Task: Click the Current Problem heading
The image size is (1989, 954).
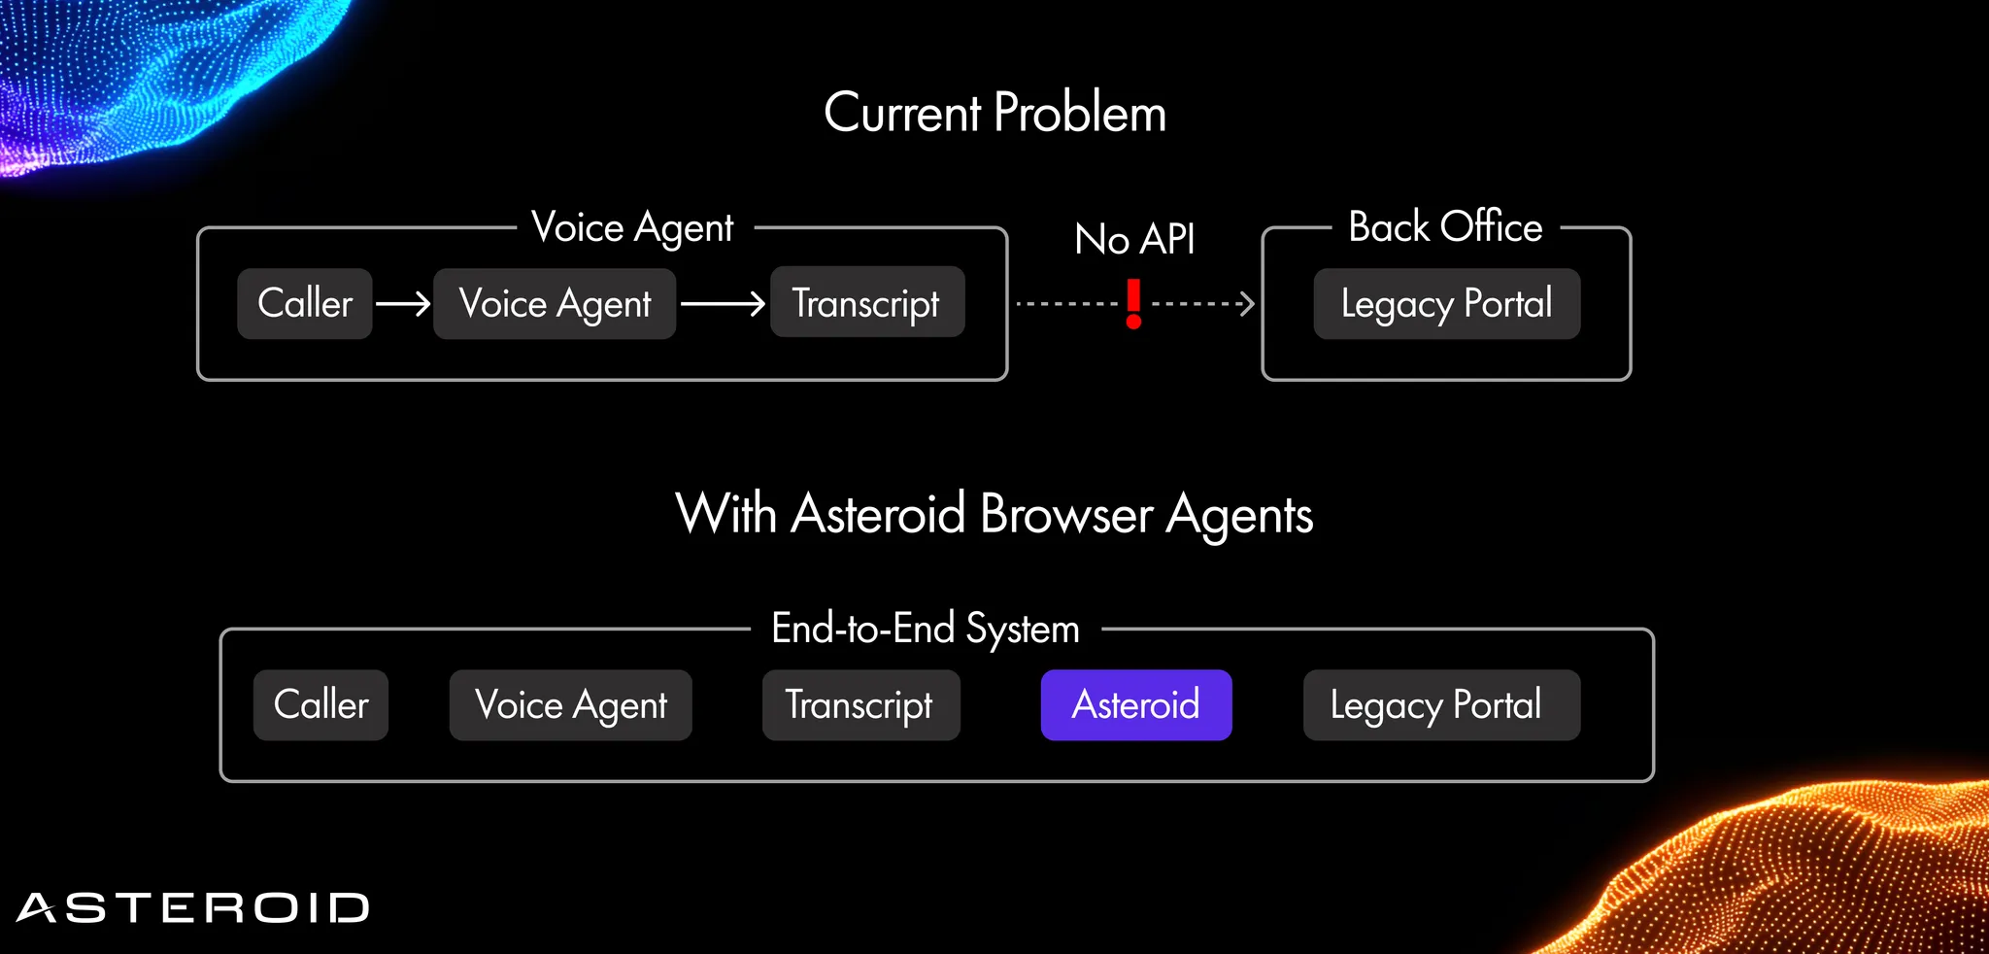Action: (x=994, y=113)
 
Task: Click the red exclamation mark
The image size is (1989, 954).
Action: (x=1133, y=303)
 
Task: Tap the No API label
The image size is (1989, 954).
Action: (x=1134, y=239)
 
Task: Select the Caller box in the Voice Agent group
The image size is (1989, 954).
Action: (x=305, y=303)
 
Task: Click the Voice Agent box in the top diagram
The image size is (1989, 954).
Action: (x=555, y=304)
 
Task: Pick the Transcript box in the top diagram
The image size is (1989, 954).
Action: (x=866, y=302)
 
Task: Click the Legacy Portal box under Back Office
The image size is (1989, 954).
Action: (x=1446, y=303)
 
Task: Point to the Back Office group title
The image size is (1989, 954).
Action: (x=1445, y=227)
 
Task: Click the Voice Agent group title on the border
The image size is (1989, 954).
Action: (x=633, y=227)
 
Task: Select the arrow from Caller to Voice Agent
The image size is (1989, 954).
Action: (x=403, y=304)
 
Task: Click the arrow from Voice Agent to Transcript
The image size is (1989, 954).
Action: (x=723, y=304)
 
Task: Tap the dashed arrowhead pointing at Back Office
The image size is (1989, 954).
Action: (x=1247, y=304)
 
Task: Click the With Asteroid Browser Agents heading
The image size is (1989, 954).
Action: (x=994, y=513)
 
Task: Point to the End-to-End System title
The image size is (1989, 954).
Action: (x=926, y=629)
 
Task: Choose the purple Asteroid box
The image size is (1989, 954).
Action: (x=1135, y=704)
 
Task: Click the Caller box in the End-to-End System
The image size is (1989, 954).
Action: (x=320, y=704)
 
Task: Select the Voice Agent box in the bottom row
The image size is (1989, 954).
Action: (x=570, y=704)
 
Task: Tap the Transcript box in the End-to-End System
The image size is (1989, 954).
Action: (x=860, y=704)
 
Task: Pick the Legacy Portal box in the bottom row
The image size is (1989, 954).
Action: (x=1440, y=704)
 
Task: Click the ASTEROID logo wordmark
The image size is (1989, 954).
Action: (x=192, y=907)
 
